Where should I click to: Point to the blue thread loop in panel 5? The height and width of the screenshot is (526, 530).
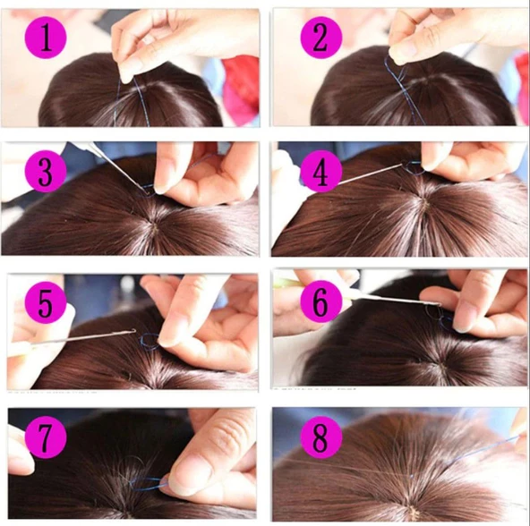pyautogui.click(x=149, y=341)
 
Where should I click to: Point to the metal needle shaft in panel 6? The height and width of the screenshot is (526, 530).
pyautogui.click(x=394, y=302)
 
